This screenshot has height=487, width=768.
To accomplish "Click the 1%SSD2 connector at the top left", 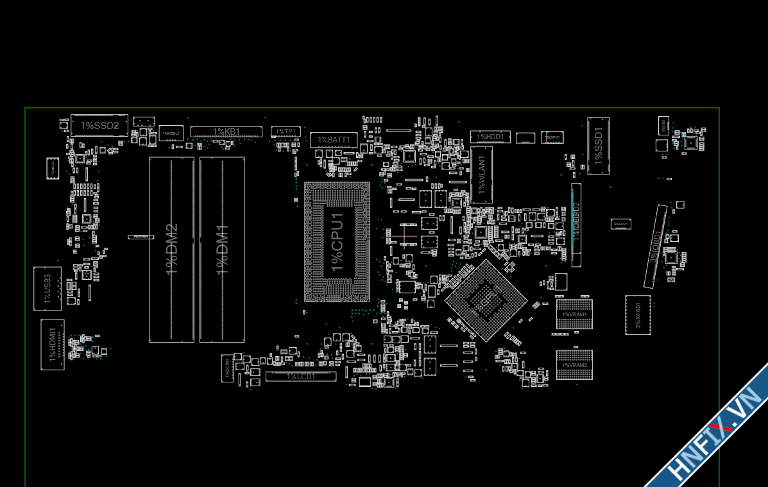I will pyautogui.click(x=99, y=125).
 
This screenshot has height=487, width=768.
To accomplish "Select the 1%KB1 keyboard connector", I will pyautogui.click(x=226, y=132).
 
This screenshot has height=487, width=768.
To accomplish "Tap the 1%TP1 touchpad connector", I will pyautogui.click(x=286, y=132).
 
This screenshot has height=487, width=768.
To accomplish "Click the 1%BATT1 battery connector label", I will pyautogui.click(x=334, y=139).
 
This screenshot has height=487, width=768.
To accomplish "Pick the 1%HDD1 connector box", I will pyautogui.click(x=491, y=137).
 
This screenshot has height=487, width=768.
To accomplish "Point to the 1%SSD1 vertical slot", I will pyautogui.click(x=599, y=146).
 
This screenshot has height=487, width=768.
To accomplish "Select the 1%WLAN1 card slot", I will pyautogui.click(x=481, y=175).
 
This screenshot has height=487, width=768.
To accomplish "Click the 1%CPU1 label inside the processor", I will pyautogui.click(x=337, y=241).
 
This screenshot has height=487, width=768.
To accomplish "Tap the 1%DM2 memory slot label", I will pyautogui.click(x=171, y=250).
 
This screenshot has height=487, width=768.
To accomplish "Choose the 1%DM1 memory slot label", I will pyautogui.click(x=222, y=250).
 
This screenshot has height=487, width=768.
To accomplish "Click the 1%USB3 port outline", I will pyautogui.click(x=47, y=289).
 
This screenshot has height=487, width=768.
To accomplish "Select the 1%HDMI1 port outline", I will pyautogui.click(x=53, y=344).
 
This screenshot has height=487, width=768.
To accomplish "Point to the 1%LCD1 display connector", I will pyautogui.click(x=301, y=377).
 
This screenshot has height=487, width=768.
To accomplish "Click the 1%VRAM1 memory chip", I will pyautogui.click(x=574, y=314).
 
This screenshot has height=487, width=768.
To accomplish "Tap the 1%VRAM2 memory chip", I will pyautogui.click(x=574, y=365).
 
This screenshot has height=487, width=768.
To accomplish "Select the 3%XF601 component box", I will pyautogui.click(x=638, y=315).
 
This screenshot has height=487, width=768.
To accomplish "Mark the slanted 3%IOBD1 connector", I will pyautogui.click(x=655, y=246).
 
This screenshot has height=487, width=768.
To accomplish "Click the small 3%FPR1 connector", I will pyautogui.click(x=620, y=224).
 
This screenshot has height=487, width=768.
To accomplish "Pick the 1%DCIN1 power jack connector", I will pyautogui.click(x=227, y=368).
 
